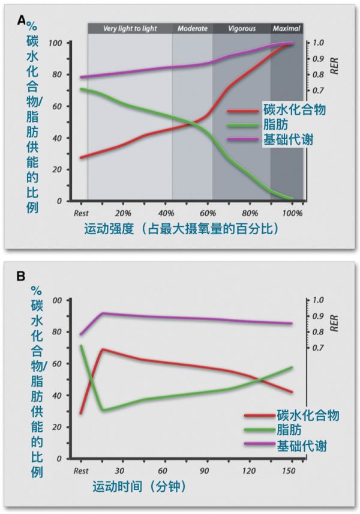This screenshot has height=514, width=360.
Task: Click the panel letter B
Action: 22,277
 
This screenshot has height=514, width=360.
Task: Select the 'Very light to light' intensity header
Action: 130,28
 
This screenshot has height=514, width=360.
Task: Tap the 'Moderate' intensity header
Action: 193,28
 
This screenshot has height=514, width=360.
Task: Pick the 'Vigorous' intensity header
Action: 242,28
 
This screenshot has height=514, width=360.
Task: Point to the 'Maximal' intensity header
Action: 286,28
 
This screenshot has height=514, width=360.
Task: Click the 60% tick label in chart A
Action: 208,213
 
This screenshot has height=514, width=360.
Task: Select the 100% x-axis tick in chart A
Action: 292,213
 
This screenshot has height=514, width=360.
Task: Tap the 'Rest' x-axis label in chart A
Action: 81,213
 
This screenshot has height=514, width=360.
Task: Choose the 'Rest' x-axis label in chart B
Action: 81,471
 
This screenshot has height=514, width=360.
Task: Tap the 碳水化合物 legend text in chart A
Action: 295,110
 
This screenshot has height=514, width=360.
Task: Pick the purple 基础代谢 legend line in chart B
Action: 259,445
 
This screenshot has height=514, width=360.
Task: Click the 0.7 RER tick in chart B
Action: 319,348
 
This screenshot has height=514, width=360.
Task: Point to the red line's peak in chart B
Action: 103,349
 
